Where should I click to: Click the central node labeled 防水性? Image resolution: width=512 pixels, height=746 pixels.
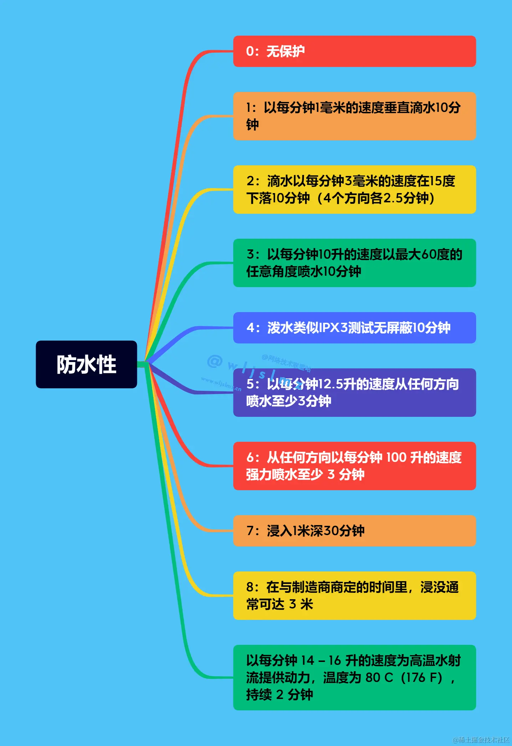pos(86,364)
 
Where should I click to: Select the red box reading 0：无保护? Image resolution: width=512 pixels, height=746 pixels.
pos(354,51)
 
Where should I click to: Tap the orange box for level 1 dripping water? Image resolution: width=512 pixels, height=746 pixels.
pos(354,116)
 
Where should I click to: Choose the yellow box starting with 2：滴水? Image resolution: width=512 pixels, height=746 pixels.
pos(354,190)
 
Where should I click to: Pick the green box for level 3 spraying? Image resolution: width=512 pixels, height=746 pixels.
pos(354,263)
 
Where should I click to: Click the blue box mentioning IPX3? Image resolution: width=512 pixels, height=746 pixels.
pos(354,328)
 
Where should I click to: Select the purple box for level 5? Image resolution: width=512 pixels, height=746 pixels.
pos(354,393)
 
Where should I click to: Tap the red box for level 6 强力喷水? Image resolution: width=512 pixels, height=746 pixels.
pos(354,466)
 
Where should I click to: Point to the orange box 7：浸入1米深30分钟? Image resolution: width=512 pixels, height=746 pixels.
pos(354,531)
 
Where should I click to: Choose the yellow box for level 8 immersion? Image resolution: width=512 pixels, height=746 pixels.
pos(354,596)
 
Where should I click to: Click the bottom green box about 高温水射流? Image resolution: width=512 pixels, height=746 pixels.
pos(354,678)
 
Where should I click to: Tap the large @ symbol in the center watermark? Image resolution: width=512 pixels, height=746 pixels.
pos(215,361)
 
